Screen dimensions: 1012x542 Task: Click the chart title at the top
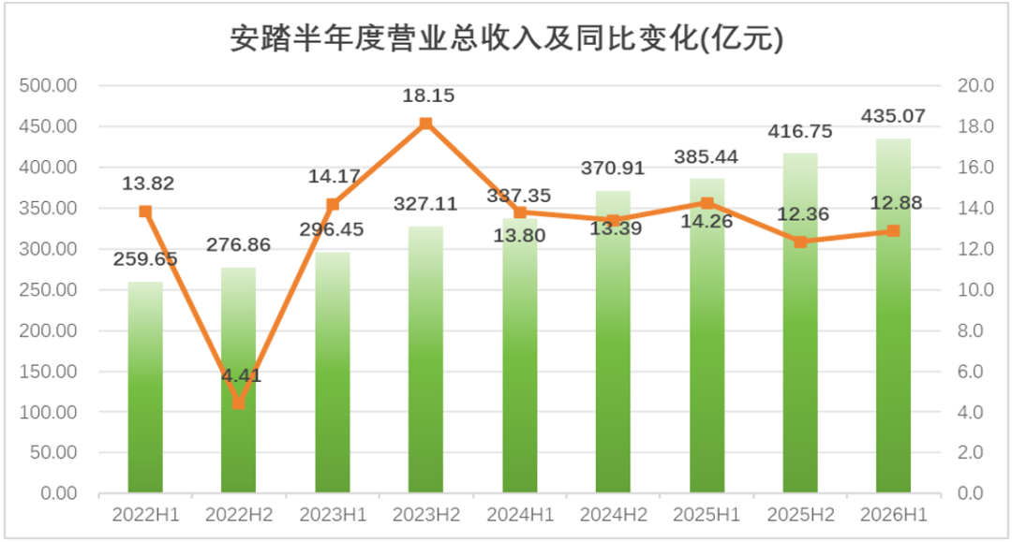[507, 38]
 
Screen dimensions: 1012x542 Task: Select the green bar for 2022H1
[145, 388]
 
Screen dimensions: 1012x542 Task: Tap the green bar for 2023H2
[426, 359]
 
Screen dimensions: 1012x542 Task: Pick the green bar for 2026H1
[893, 315]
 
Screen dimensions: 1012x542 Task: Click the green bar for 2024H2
[613, 342]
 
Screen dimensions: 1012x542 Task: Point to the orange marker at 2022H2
[239, 403]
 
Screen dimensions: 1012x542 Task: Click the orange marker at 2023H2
[426, 123]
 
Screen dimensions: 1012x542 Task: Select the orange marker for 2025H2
[800, 242]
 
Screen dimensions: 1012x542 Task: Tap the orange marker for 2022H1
[145, 212]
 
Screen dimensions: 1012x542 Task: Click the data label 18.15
[428, 95]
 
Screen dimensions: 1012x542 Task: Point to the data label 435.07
[893, 116]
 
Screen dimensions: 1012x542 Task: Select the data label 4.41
[242, 375]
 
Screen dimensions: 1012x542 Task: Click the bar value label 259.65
[145, 259]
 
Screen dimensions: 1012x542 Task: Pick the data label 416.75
[800, 131]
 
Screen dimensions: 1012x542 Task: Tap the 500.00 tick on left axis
[48, 86]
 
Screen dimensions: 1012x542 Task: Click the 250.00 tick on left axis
[48, 290]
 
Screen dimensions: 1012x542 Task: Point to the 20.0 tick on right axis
[975, 86]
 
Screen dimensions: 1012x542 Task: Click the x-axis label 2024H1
[520, 515]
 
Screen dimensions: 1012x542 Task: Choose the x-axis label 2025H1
[707, 515]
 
